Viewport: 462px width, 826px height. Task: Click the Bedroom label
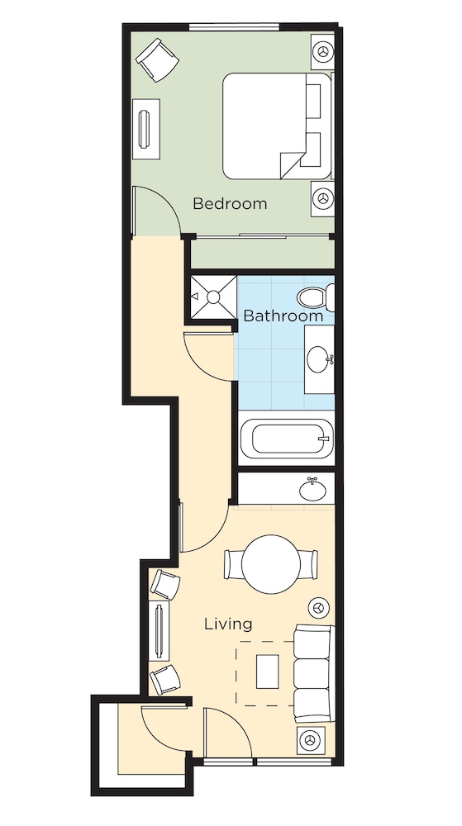click(230, 203)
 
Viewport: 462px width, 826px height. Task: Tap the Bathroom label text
click(283, 316)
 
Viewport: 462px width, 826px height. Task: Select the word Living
click(228, 624)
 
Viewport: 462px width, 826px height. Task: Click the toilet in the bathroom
click(316, 297)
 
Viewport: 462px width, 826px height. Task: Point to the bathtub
click(286, 439)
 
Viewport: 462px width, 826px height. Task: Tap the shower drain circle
click(213, 297)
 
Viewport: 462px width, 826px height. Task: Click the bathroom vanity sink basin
click(320, 359)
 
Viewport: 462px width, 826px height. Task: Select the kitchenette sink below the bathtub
click(312, 491)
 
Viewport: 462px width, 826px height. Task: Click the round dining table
click(271, 564)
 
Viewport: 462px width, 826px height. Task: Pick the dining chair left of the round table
click(233, 564)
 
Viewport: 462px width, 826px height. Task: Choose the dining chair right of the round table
click(308, 564)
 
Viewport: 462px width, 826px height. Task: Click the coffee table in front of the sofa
click(268, 671)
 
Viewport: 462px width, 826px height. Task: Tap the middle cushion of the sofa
click(312, 673)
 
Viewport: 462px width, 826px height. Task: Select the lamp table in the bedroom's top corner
click(322, 51)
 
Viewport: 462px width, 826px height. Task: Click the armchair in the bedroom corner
click(157, 59)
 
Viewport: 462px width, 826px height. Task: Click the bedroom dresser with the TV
click(146, 129)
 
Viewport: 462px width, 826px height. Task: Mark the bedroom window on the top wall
click(234, 27)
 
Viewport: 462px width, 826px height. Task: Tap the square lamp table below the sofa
click(310, 740)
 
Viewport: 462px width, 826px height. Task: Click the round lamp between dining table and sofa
click(318, 608)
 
